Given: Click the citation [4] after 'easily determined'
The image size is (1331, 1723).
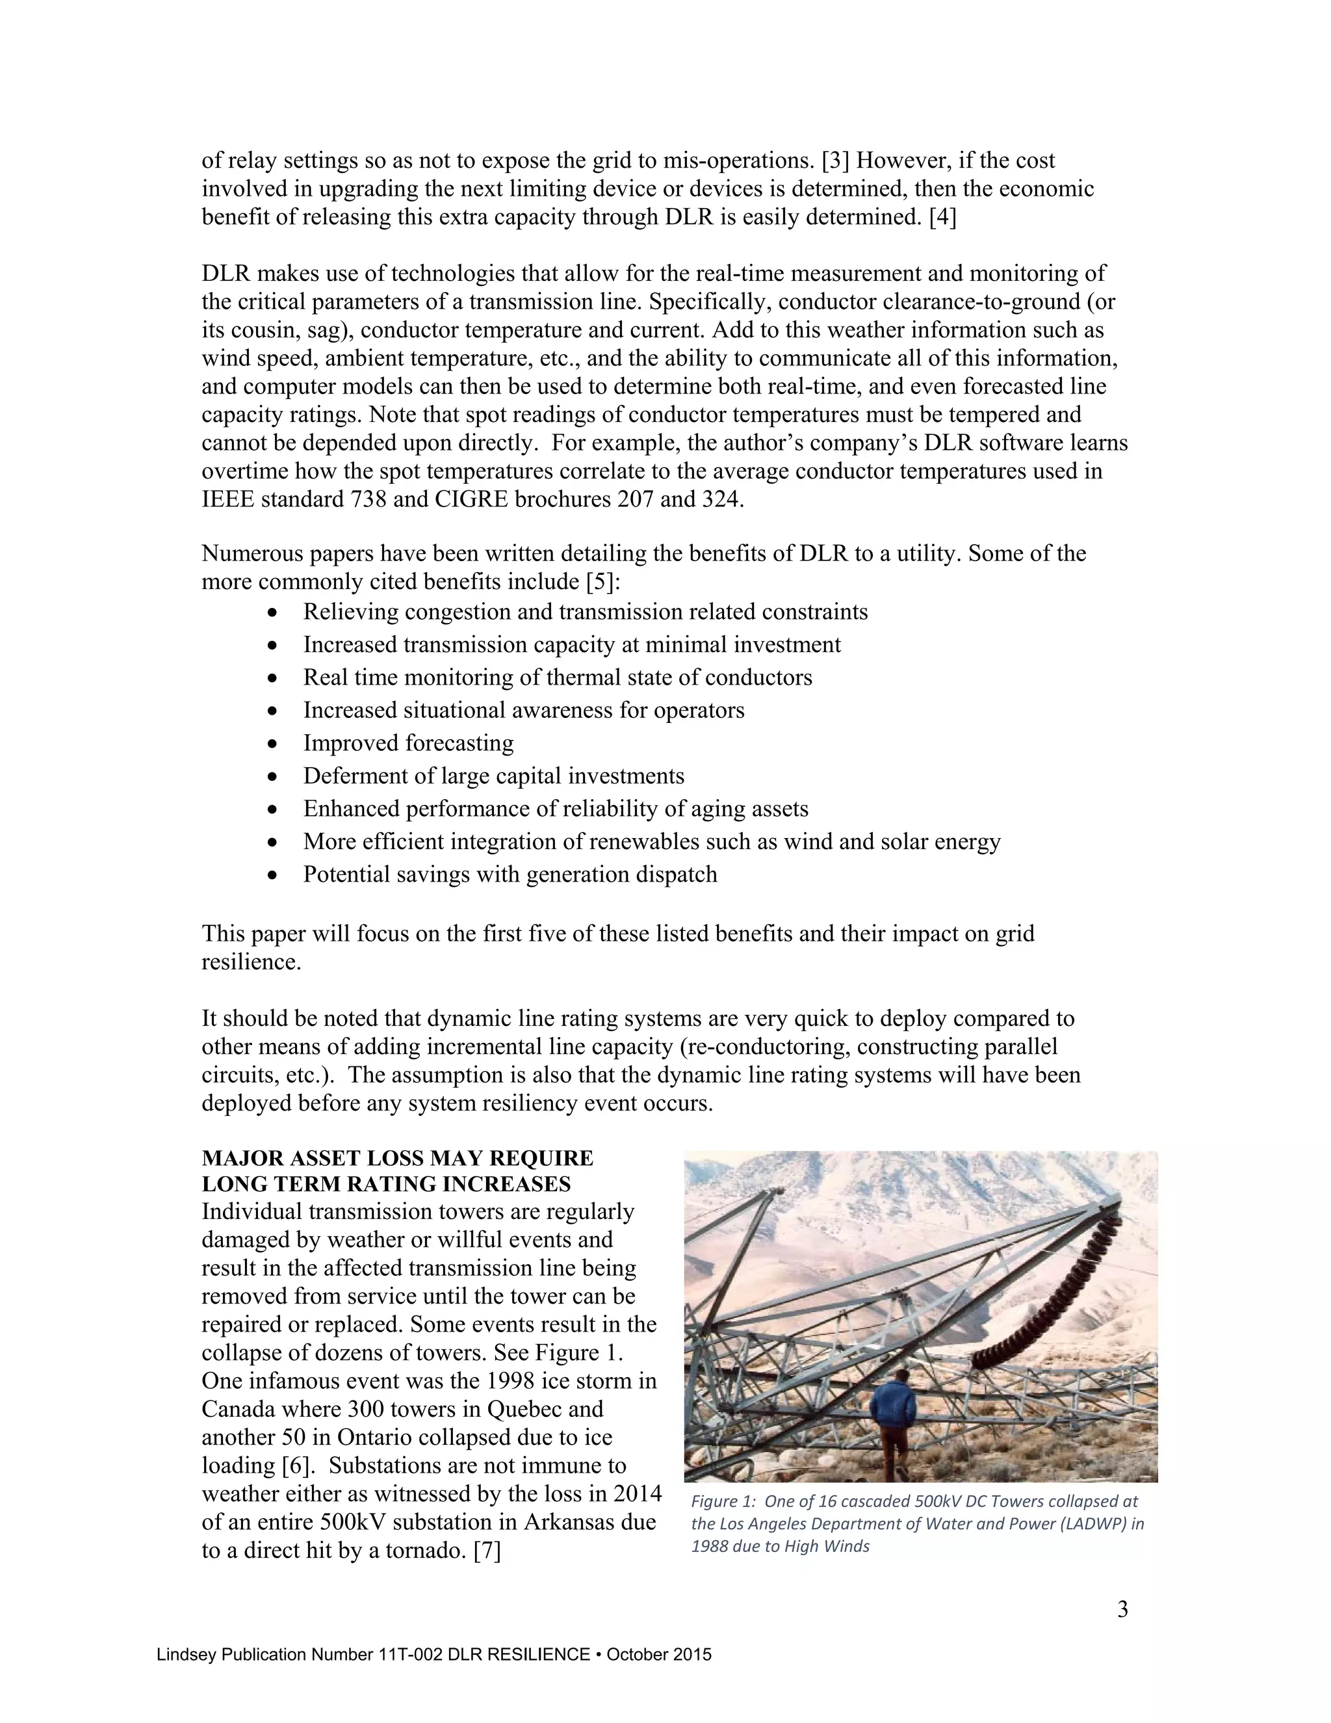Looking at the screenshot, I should (942, 217).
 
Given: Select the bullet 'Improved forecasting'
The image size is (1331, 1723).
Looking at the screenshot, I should (407, 743).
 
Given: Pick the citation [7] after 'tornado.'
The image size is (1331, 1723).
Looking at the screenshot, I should (487, 1550).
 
